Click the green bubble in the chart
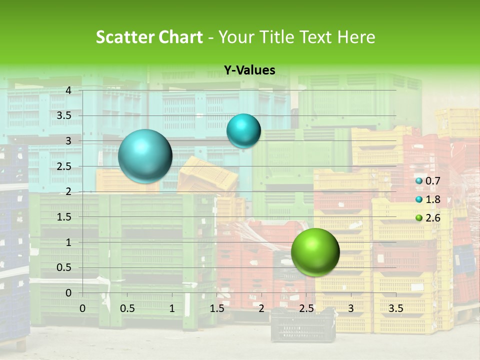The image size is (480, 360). (x=315, y=252)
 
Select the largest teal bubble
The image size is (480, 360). (x=145, y=156)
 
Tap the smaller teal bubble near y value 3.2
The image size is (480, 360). (x=243, y=130)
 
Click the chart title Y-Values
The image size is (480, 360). (x=249, y=70)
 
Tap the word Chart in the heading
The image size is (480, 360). (x=180, y=37)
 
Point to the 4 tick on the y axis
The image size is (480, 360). (x=68, y=90)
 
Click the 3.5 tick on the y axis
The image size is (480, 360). (x=64, y=115)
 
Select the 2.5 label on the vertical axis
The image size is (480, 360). (x=64, y=166)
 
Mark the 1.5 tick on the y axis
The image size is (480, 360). (x=64, y=217)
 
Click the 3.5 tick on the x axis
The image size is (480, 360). (x=395, y=308)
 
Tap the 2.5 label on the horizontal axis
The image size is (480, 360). (x=306, y=308)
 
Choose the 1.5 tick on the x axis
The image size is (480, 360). (x=216, y=308)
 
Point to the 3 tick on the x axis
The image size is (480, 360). (x=351, y=308)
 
